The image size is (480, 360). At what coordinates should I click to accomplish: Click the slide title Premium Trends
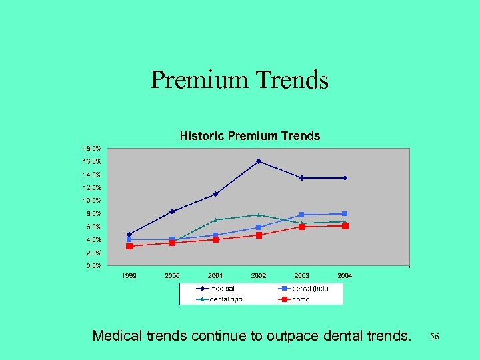[239, 80]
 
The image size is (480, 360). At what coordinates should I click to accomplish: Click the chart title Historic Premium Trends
[250, 136]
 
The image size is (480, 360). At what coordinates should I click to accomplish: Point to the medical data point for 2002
[259, 161]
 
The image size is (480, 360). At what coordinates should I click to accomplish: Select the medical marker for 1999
[129, 235]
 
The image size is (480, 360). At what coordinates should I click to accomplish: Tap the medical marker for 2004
[345, 178]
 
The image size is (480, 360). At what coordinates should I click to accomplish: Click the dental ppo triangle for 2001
[215, 220]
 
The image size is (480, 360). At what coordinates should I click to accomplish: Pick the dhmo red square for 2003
[302, 227]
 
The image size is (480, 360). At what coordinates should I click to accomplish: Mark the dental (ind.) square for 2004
[345, 214]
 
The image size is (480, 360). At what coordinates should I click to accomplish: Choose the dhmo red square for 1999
[129, 246]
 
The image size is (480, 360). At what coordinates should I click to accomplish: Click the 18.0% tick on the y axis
[93, 148]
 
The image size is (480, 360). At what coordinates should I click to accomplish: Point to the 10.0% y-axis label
[93, 201]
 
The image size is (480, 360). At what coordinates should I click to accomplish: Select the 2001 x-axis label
[215, 275]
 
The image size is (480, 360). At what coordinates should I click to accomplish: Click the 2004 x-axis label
[345, 275]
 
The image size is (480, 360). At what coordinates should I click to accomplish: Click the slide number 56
[435, 337]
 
